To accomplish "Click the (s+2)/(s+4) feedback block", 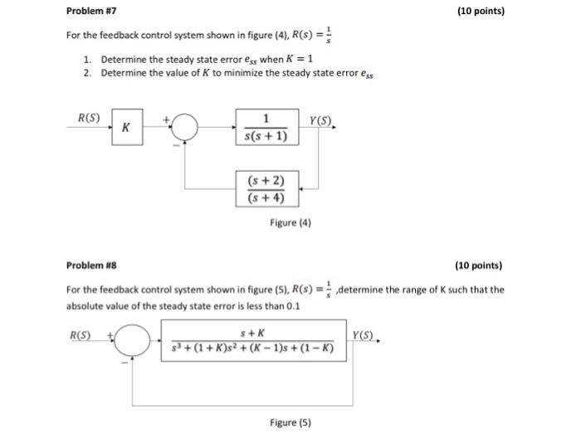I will click(266, 188).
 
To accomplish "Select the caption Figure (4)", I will click(290, 222).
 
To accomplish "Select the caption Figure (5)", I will click(290, 422).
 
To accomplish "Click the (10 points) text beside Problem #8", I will click(480, 266).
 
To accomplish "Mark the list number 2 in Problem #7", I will click(87, 73).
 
